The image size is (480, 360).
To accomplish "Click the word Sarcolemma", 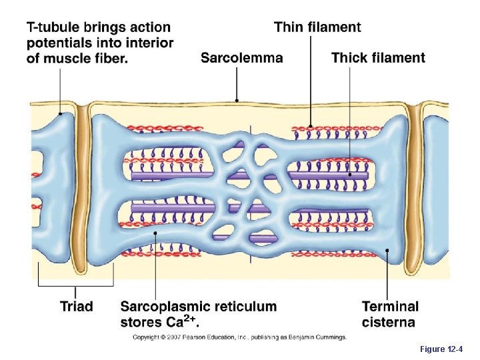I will pos(241,58).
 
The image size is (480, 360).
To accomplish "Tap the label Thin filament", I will pos(317,27).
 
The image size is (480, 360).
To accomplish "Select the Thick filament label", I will pos(378,58).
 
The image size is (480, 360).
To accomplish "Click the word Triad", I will pos(77,307).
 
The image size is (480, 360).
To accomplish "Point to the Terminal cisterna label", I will pos(390,315).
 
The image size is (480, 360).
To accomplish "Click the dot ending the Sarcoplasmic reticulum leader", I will pos(155,233).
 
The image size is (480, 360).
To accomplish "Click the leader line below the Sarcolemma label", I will pos(237,83).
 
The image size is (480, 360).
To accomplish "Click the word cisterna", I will pos(389,323).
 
